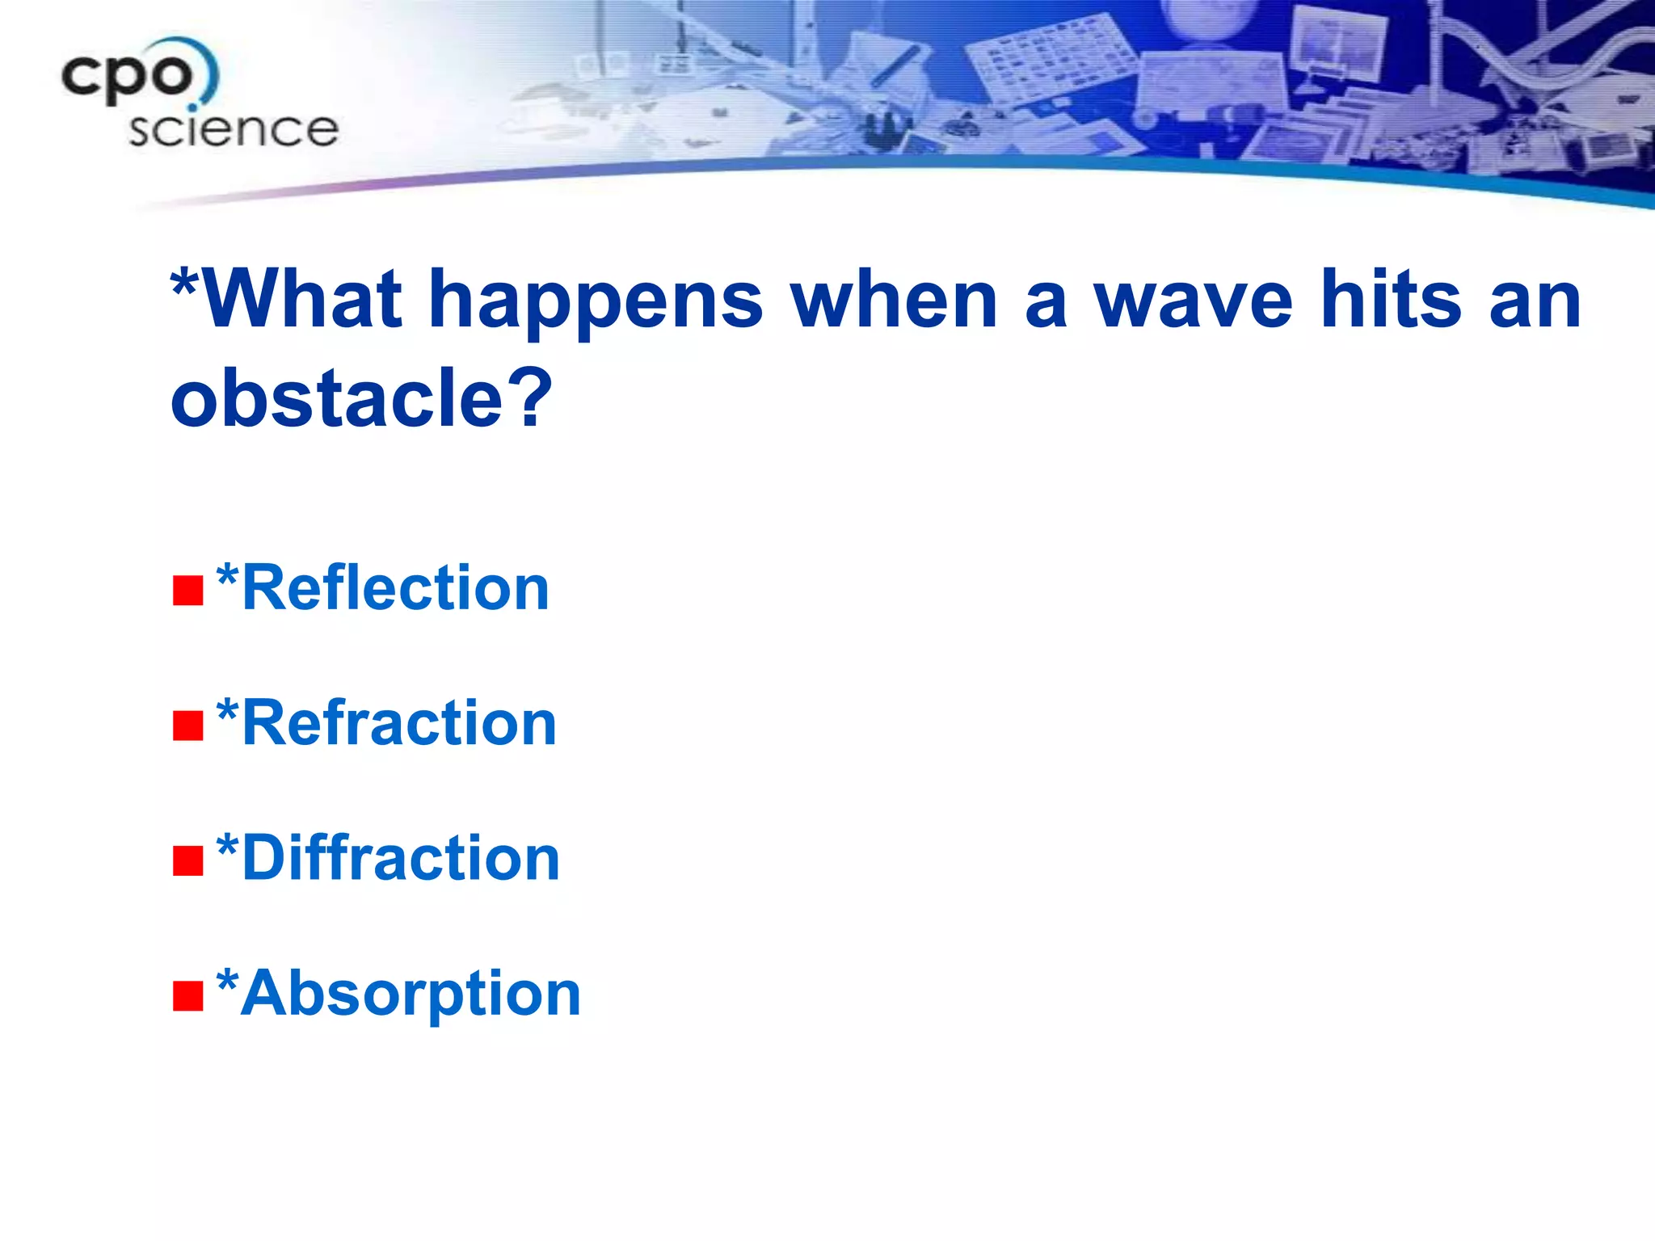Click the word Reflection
coord(395,588)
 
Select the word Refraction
coord(399,723)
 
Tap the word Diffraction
coord(401,858)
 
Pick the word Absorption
coord(411,994)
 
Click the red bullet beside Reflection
coord(187,591)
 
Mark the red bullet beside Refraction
coord(187,726)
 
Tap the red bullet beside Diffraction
coord(187,860)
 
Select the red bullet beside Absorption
coord(187,996)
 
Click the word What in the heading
coord(303,299)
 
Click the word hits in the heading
coord(1390,299)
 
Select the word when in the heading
coord(895,299)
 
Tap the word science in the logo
coord(234,129)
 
